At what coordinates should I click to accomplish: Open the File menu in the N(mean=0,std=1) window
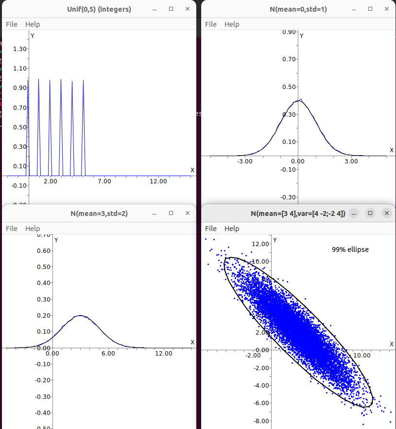click(x=210, y=24)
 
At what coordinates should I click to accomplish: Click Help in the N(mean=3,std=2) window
click(x=33, y=229)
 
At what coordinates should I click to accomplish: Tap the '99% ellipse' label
click(x=350, y=250)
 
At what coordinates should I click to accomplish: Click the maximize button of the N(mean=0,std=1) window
click(x=370, y=9)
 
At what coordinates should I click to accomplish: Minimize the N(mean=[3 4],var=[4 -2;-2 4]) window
click(x=354, y=213)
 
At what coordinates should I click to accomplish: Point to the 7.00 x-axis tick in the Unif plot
click(x=104, y=181)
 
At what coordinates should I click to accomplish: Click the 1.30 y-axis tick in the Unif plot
click(x=20, y=49)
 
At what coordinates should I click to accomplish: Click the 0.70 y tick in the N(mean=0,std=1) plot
click(x=290, y=59)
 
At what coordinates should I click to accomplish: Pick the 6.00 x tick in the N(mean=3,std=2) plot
click(x=108, y=354)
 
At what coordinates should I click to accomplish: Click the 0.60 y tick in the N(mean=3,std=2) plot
click(x=44, y=250)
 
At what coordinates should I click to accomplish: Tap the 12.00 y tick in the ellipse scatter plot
click(x=262, y=244)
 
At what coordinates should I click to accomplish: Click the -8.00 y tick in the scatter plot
click(x=262, y=421)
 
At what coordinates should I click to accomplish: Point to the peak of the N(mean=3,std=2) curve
click(x=81, y=316)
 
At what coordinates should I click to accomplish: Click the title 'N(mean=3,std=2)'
click(x=99, y=213)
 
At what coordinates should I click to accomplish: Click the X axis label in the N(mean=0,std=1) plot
click(x=392, y=150)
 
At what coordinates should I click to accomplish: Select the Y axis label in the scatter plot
click(x=275, y=240)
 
